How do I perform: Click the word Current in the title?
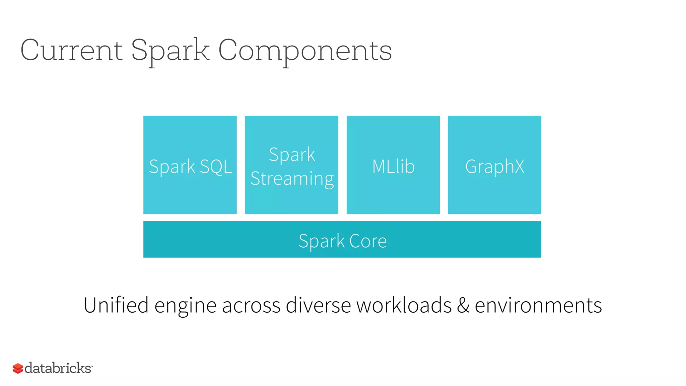pyautogui.click(x=71, y=50)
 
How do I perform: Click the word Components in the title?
pyautogui.click(x=305, y=50)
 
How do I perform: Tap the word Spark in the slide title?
pyautogui.click(x=170, y=50)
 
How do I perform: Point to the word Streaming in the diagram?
pyautogui.click(x=292, y=178)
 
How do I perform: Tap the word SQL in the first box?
pyautogui.click(x=216, y=167)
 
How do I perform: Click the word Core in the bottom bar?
pyautogui.click(x=368, y=241)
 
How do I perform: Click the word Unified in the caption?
pyautogui.click(x=116, y=305)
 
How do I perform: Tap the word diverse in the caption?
pyautogui.click(x=318, y=305)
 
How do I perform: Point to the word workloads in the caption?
pyautogui.click(x=404, y=305)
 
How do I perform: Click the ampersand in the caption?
pyautogui.click(x=463, y=306)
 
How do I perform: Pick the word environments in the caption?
pyautogui.click(x=538, y=306)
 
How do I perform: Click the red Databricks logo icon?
pyautogui.click(x=18, y=368)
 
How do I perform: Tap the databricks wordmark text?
pyautogui.click(x=58, y=368)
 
